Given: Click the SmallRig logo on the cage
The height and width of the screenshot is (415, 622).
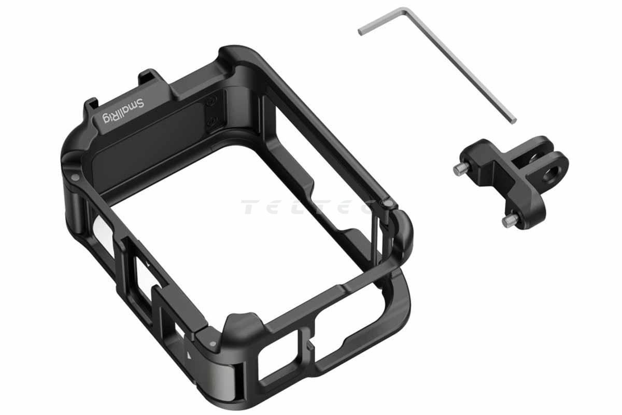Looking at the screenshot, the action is tap(123, 111).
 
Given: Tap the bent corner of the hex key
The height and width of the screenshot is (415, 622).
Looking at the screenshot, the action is tap(406, 11).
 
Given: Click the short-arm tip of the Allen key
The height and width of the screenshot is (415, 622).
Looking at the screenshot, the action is tap(360, 32).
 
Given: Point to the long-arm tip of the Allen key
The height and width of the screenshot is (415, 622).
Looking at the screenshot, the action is tap(513, 120).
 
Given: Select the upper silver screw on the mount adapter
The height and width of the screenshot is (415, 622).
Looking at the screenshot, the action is tap(461, 169).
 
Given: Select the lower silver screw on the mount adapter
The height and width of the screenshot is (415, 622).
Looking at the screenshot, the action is tap(510, 220).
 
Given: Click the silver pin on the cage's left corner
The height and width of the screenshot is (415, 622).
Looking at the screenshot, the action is tap(75, 177).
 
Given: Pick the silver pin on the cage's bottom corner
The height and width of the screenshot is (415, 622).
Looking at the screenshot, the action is tap(213, 344).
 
